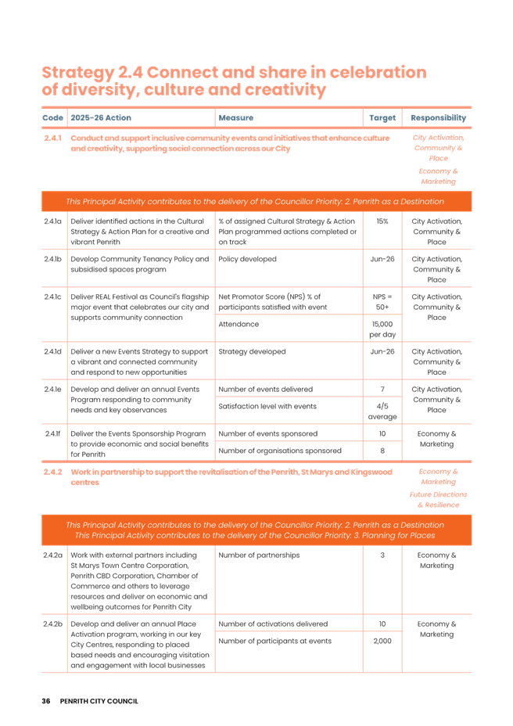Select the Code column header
click(x=53, y=118)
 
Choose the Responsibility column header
click(x=438, y=118)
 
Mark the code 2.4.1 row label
click(x=53, y=138)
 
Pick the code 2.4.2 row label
click(x=53, y=473)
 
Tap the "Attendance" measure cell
click(x=238, y=322)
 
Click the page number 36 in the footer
click(x=45, y=700)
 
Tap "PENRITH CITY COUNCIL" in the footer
click(x=99, y=700)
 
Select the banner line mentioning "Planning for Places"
click(x=256, y=536)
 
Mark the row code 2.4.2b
click(x=54, y=623)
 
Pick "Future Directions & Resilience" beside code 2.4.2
click(x=438, y=499)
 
